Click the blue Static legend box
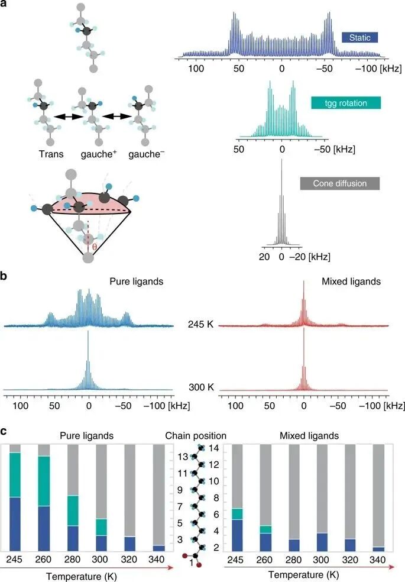coord(360,37)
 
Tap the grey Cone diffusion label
coord(339,183)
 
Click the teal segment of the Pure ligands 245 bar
coord(22,475)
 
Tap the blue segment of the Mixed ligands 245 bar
coord(236,535)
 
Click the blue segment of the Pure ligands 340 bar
coord(159,548)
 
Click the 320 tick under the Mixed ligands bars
coord(351,559)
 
